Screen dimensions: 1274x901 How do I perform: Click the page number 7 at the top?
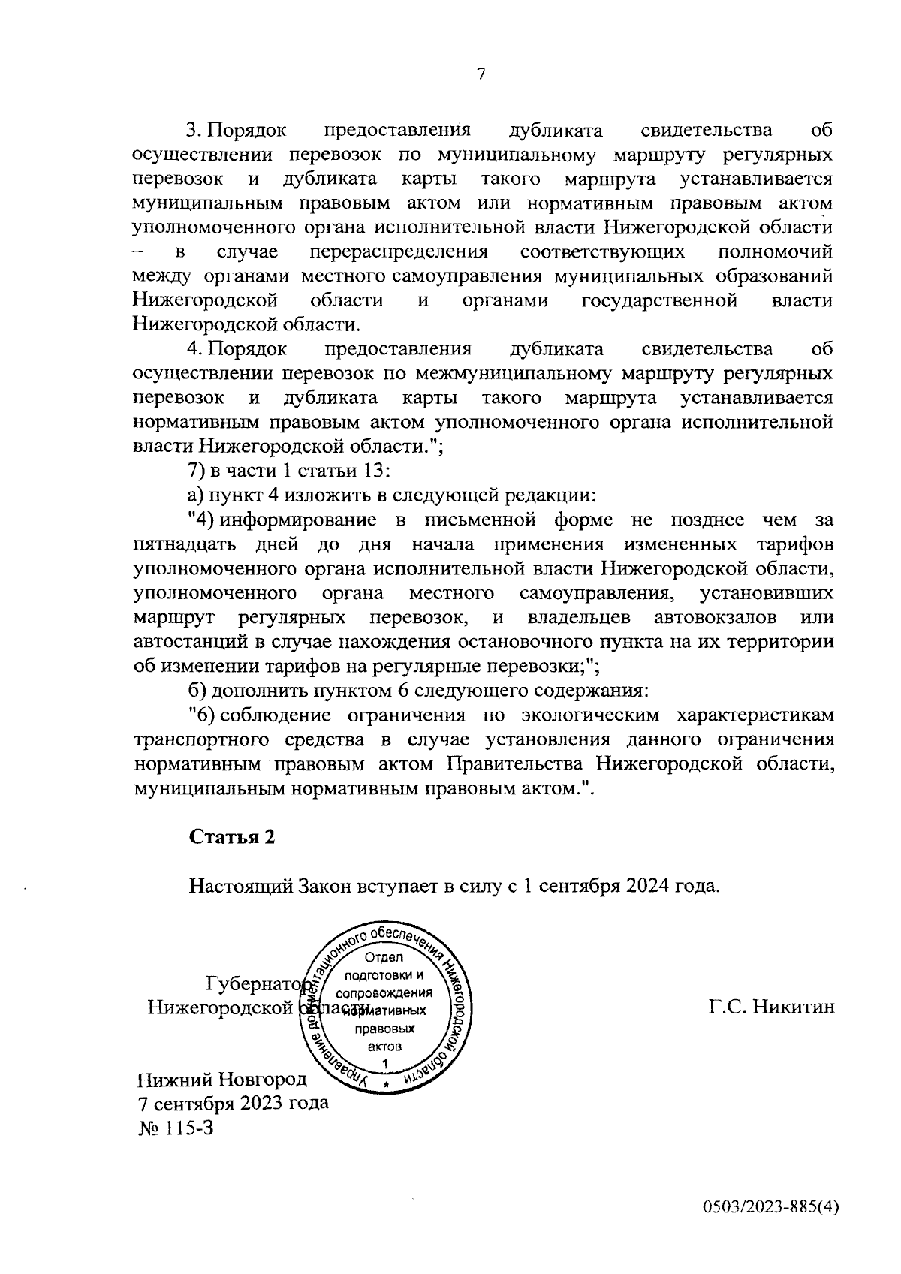coord(481,74)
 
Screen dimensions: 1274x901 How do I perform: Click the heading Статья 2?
coord(231,837)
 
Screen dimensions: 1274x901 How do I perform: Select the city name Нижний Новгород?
coord(222,1080)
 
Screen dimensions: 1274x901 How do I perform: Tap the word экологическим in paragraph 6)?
coord(588,715)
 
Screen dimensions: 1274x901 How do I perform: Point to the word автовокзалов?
coord(715,618)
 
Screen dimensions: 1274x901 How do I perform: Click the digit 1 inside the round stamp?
coord(385,1063)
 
